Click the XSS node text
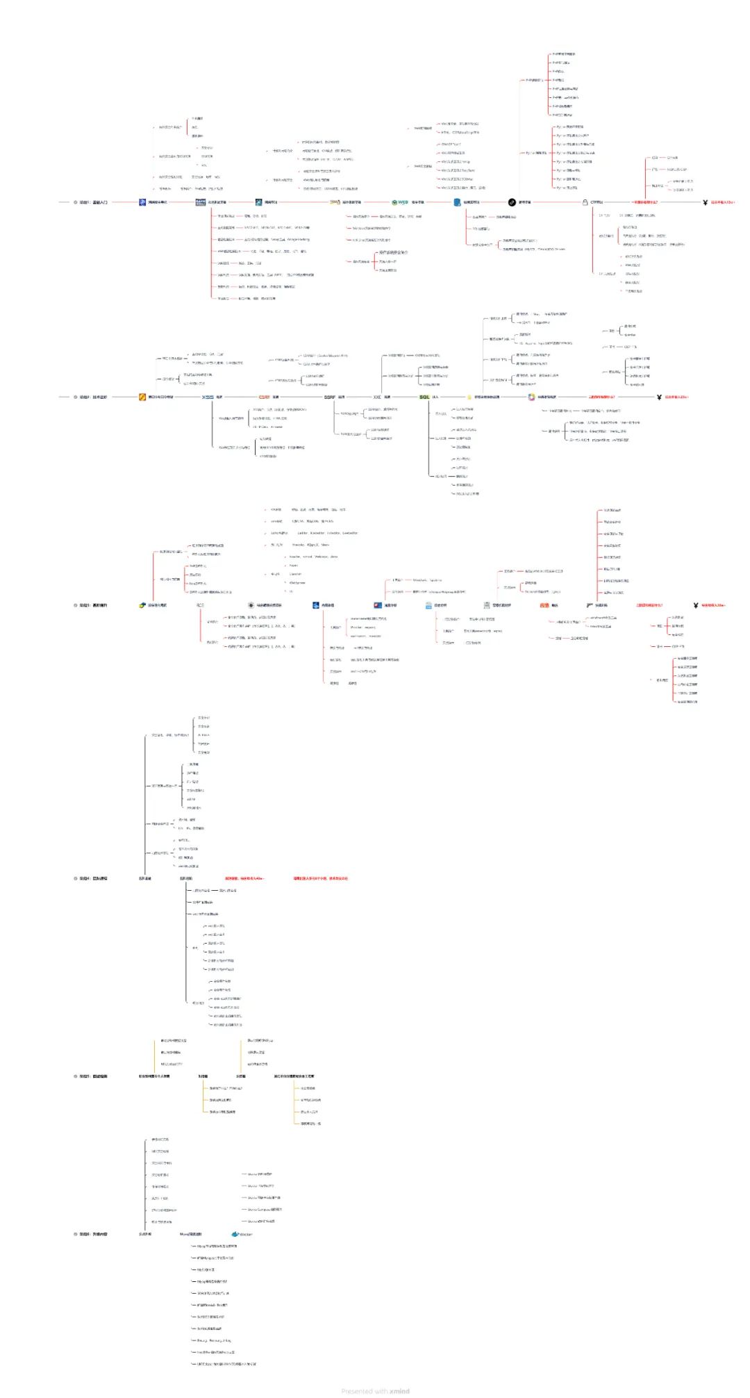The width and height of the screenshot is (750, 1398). [x=208, y=397]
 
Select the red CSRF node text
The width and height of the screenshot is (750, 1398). [x=265, y=397]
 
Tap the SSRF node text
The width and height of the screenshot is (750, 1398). [x=330, y=397]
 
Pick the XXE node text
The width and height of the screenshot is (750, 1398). [x=377, y=397]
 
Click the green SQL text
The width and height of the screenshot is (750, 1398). [x=424, y=397]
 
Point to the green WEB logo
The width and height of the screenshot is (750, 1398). [x=400, y=202]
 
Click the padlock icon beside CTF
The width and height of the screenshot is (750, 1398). [x=585, y=202]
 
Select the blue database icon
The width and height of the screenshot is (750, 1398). [x=457, y=202]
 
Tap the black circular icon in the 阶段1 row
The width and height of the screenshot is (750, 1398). [x=512, y=202]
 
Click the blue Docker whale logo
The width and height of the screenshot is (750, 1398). [x=235, y=1234]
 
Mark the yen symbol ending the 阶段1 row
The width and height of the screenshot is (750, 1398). [x=705, y=202]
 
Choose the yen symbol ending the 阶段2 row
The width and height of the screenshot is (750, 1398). [x=659, y=397]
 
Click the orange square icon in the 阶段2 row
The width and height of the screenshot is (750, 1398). [x=142, y=397]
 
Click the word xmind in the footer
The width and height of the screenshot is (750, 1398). [x=399, y=1391]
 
